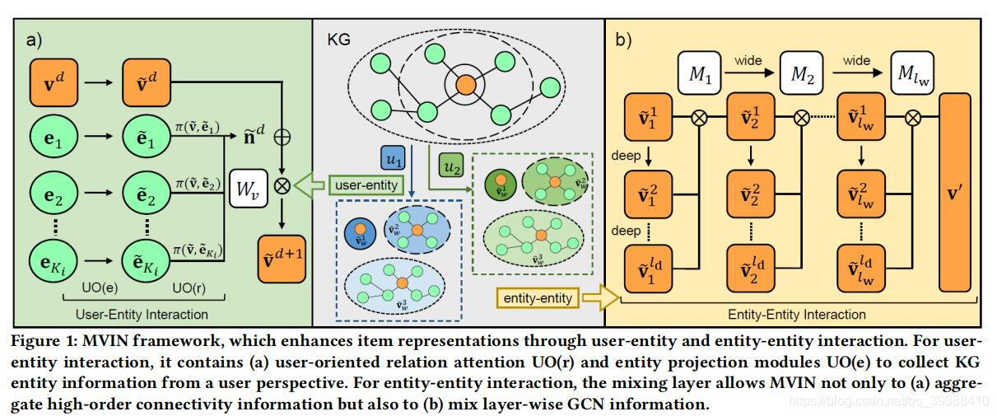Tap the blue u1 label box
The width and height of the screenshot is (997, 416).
pyautogui.click(x=392, y=157)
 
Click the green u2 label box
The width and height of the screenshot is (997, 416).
pyautogui.click(x=451, y=166)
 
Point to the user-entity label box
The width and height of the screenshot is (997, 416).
pyautogui.click(x=367, y=185)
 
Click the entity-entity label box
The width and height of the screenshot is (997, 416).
pyautogui.click(x=536, y=297)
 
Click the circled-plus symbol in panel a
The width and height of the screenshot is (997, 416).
pyautogui.click(x=282, y=137)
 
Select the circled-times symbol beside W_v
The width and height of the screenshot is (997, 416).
pyautogui.click(x=282, y=185)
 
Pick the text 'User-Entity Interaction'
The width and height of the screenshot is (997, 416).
pyautogui.click(x=142, y=314)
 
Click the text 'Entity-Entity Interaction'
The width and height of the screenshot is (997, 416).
pyautogui.click(x=797, y=314)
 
